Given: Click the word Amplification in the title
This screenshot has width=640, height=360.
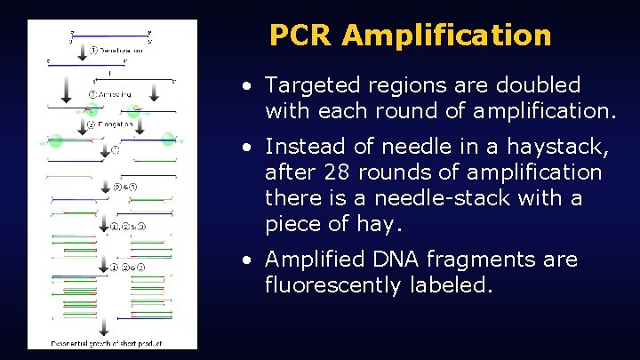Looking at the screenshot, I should point(446,36).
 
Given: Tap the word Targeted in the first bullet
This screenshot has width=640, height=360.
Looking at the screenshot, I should point(307,85).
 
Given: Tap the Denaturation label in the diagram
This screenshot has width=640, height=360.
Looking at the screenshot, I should point(121,50).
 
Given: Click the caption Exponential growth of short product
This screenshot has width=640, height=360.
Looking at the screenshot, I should point(99,343).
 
